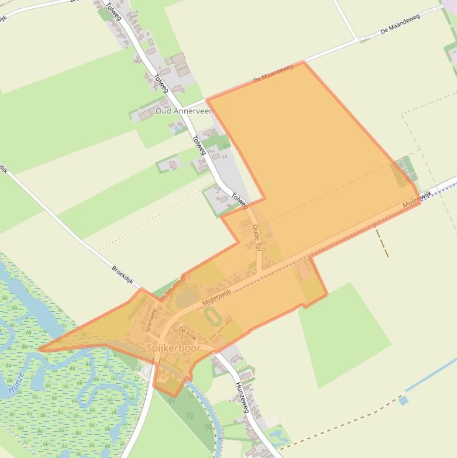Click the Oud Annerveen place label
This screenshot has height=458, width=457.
tap(184, 111)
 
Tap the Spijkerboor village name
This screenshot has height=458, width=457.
tap(173, 347)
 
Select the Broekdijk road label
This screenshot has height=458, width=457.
tap(125, 277)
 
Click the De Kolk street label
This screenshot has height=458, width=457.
tap(187, 332)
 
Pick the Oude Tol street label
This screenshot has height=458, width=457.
tap(257, 237)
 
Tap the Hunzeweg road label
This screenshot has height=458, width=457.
tap(242, 397)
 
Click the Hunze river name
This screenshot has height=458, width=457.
tap(17, 384)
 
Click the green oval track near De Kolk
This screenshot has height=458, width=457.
tap(213, 317)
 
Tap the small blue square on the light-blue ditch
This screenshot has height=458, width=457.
tap(404, 400)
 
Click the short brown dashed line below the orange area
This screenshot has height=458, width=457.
tap(382, 243)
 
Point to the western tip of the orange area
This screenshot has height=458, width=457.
tap(40, 349)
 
